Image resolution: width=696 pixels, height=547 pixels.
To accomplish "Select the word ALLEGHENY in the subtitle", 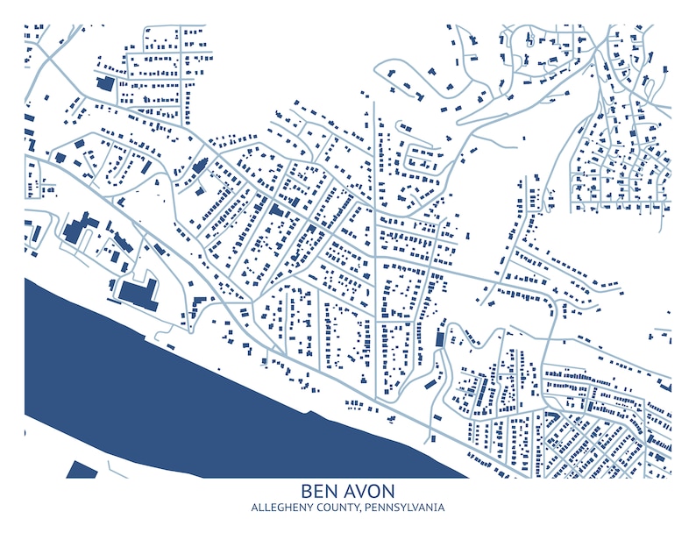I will (281, 508).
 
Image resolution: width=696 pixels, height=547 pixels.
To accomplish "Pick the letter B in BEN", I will (307, 491).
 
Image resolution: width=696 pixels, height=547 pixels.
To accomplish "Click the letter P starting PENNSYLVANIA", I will (366, 508).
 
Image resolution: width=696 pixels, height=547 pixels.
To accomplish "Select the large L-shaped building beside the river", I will (137, 293).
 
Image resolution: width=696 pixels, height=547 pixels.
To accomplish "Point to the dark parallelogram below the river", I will (82, 470).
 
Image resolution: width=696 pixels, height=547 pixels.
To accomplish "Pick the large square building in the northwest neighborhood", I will (105, 83).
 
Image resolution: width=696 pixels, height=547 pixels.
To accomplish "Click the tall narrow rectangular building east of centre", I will (439, 337).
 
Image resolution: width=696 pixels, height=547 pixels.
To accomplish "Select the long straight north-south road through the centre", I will (376, 263).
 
